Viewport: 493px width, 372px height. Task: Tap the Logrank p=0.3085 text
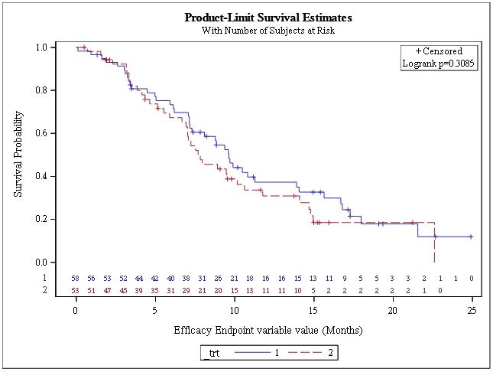click(x=439, y=64)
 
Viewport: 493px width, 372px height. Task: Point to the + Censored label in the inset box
click(x=439, y=51)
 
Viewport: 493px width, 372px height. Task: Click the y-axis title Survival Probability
click(x=18, y=155)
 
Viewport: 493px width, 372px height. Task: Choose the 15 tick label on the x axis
click(x=313, y=312)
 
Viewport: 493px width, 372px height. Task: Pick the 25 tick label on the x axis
click(x=472, y=312)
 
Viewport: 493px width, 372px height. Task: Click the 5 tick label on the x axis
click(x=155, y=312)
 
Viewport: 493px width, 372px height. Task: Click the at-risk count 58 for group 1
click(x=76, y=279)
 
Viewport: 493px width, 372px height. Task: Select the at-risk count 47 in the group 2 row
click(x=108, y=291)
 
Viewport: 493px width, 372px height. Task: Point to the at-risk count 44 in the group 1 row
click(x=139, y=279)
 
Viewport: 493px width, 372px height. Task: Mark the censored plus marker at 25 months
click(x=471, y=237)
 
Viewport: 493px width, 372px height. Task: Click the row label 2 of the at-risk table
click(x=44, y=291)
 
